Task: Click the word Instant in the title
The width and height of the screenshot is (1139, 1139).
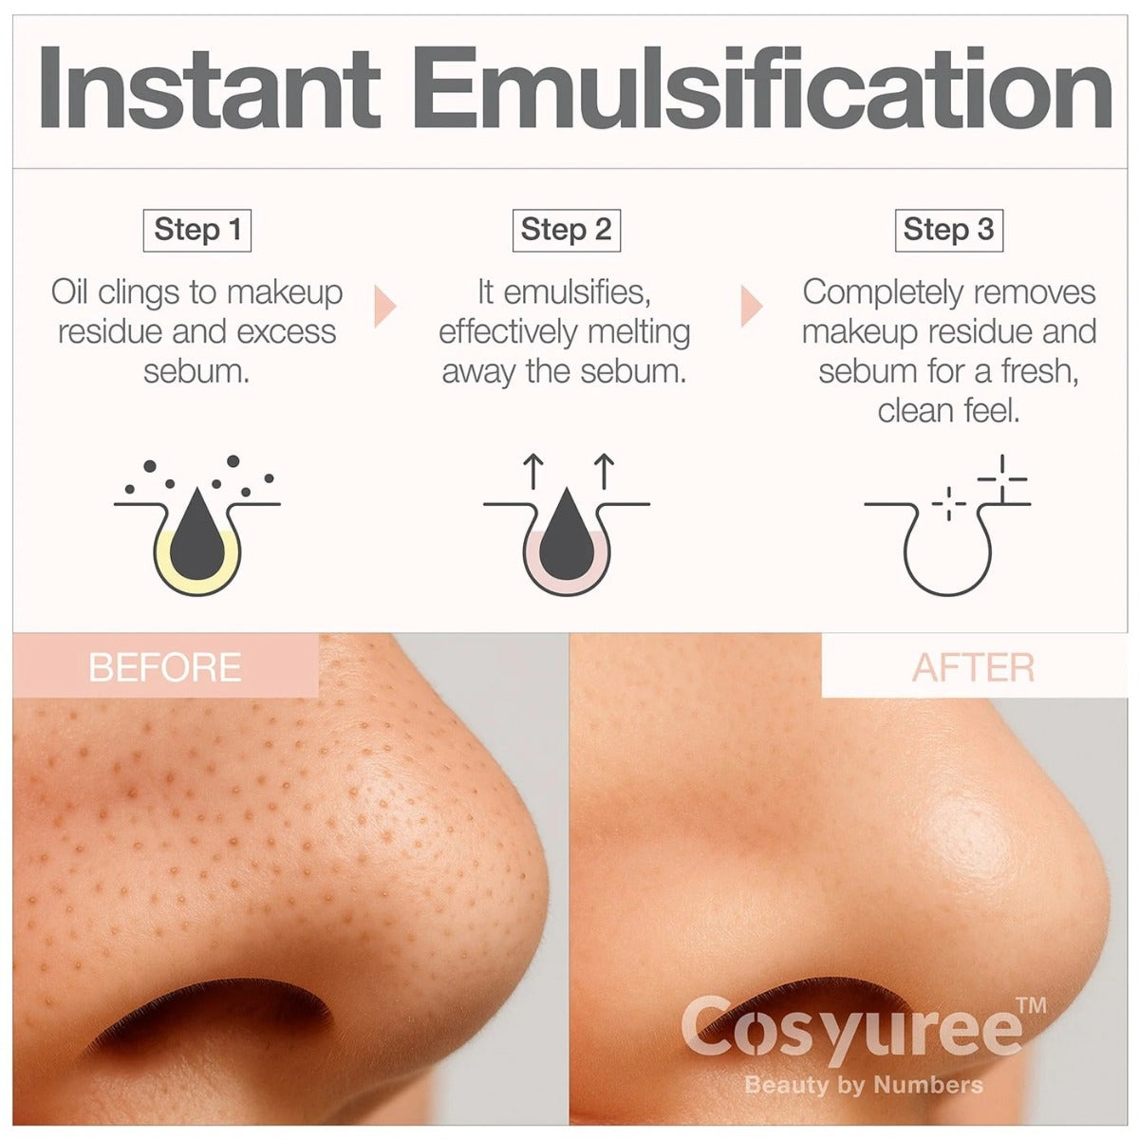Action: click(x=210, y=88)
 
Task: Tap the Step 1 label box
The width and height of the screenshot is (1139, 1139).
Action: click(x=197, y=230)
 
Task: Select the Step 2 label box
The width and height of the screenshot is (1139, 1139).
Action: click(x=567, y=230)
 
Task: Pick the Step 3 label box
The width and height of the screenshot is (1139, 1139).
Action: click(x=948, y=230)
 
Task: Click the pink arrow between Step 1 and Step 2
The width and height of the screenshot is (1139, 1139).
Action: click(x=384, y=307)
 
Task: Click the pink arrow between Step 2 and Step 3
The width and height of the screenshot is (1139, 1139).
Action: click(x=752, y=307)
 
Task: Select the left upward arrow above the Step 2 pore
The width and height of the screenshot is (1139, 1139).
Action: click(x=533, y=471)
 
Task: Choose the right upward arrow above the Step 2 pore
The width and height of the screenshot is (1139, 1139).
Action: click(x=604, y=471)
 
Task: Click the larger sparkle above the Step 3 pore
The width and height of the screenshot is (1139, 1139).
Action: click(x=1002, y=478)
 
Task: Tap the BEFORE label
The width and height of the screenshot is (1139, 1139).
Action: click(x=165, y=667)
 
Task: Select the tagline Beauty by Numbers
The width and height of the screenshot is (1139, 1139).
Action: click(x=864, y=1085)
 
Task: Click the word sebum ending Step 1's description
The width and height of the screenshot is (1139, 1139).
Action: click(x=196, y=371)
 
